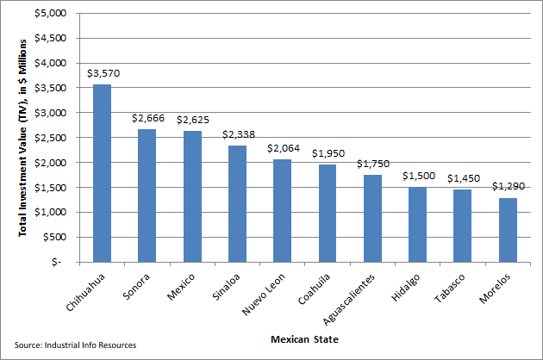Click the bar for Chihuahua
102,172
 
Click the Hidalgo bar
418,224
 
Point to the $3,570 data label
103,73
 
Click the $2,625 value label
193,120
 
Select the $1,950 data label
328,153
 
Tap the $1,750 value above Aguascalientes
373,163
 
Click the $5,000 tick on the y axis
53,14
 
